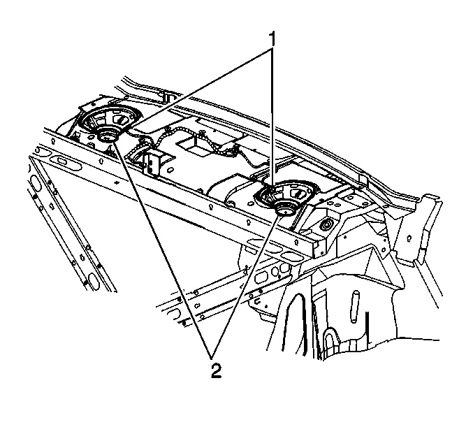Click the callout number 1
coord(272,40)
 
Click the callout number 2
coord(216,370)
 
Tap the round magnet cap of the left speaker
coord(107,133)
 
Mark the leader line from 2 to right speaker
coord(245,286)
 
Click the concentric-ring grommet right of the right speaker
coord(326,225)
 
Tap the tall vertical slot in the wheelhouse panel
coord(355,307)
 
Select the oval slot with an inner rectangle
coord(63,160)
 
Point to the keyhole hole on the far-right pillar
coord(409,237)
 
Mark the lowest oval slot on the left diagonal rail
coord(93,280)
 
